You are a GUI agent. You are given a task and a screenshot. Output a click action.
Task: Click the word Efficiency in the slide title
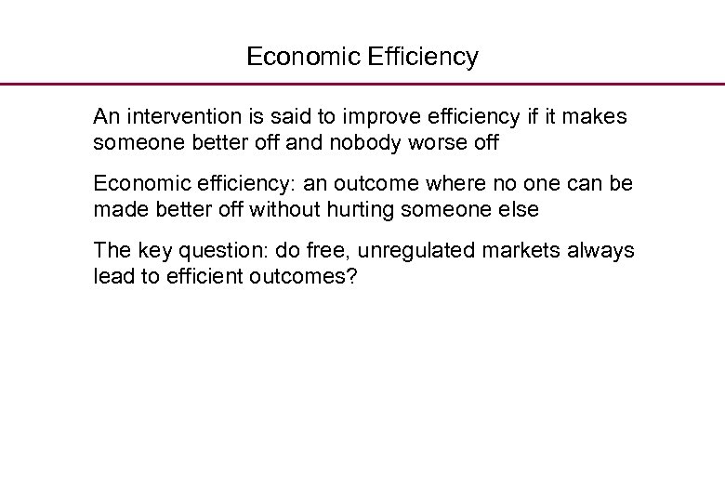pos(423,58)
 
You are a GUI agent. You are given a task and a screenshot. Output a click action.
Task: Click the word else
pos(519,210)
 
